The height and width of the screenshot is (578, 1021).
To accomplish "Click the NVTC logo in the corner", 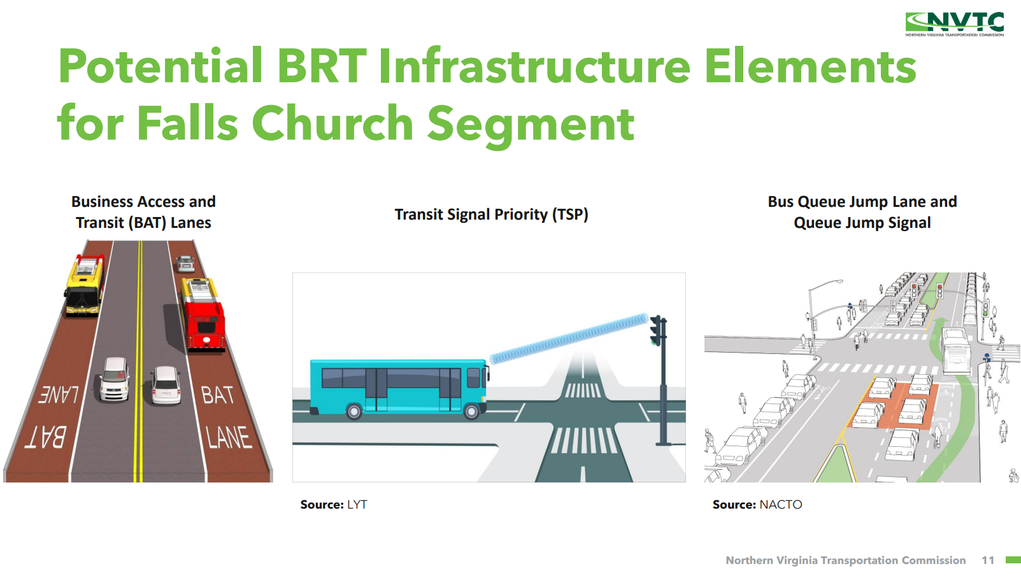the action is coord(955,24).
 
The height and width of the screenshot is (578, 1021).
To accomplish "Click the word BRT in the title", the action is coord(322,66).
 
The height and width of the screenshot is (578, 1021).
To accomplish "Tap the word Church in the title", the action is coord(332,123).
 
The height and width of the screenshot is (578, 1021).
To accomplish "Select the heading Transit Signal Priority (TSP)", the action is coord(491,214).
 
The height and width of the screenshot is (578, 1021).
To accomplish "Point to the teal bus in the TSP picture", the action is coord(399,388).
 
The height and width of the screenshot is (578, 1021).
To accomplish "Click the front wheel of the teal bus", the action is coord(471,411).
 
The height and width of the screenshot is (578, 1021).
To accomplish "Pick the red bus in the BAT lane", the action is coord(202,314).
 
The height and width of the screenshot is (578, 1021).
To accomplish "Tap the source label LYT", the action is coord(357,505).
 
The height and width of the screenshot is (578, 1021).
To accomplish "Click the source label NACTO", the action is coord(781,505).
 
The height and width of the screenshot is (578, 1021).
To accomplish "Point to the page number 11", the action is coord(988,560).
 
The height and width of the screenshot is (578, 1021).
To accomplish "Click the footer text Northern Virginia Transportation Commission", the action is coord(845,560).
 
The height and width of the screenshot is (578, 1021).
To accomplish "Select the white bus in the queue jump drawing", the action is coord(955,351).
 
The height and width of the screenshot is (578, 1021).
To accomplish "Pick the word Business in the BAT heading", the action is coord(102,202).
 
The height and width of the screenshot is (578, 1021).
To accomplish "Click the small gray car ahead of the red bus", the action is coord(185,264).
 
